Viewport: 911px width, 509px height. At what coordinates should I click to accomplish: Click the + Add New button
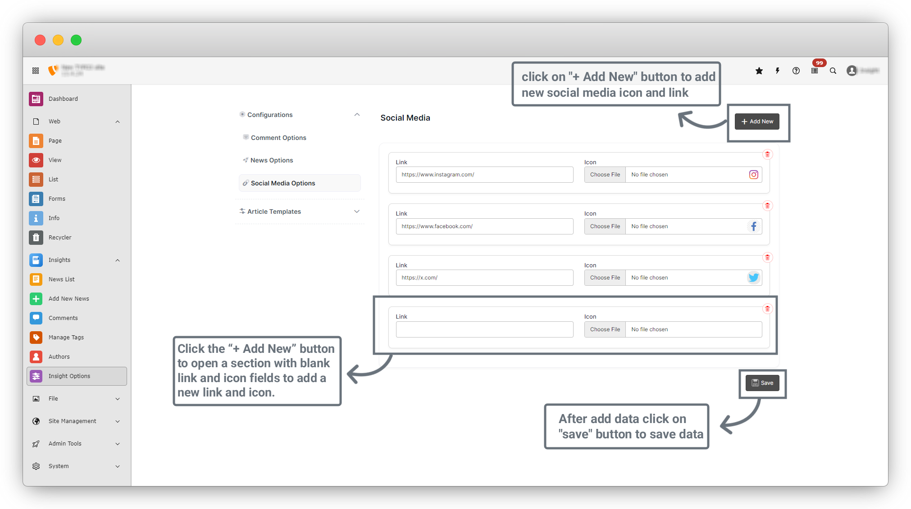[x=757, y=122]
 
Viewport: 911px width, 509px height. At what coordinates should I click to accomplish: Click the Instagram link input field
[x=484, y=175]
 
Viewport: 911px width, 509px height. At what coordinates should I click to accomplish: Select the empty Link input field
[x=484, y=329]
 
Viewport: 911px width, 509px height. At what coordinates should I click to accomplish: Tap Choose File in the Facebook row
[x=605, y=226]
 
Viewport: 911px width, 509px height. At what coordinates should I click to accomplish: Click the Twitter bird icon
[x=753, y=278]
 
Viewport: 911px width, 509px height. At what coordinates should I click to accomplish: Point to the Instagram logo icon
[x=753, y=175]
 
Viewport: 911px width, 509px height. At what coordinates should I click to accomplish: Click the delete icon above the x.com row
[x=767, y=257]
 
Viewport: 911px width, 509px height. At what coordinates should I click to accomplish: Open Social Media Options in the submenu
[x=283, y=183]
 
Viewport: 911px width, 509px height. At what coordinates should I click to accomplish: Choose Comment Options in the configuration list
[x=278, y=138]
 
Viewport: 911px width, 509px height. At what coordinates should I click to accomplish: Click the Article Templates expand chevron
[x=357, y=212]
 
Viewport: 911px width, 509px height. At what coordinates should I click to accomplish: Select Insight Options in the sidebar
[x=69, y=376]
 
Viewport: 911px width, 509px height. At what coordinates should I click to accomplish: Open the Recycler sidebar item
[x=60, y=238]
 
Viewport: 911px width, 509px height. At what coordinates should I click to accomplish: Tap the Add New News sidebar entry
[x=68, y=299]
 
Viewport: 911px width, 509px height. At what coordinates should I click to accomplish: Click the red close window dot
[x=40, y=40]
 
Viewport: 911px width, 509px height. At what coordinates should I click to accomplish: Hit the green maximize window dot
[x=76, y=40]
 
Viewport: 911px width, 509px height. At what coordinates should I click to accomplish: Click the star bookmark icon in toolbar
[x=759, y=71]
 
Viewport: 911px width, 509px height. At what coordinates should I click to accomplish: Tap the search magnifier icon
[x=833, y=71]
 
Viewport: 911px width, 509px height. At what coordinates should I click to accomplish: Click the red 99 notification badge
[x=819, y=63]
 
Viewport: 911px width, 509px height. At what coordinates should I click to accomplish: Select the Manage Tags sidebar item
[x=66, y=338]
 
